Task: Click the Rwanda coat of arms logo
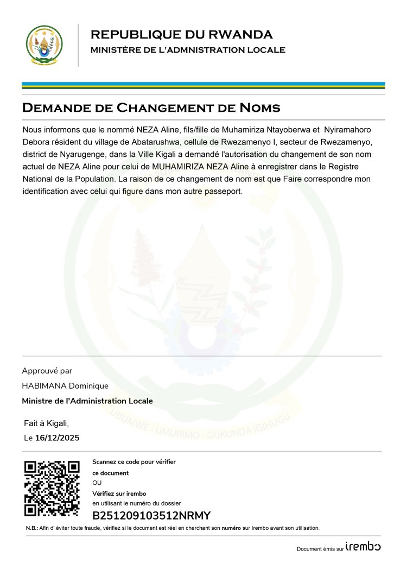(x=44, y=46)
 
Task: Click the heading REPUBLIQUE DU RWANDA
(x=181, y=35)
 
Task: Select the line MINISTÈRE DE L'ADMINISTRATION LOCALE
(x=188, y=50)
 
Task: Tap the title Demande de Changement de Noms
(x=151, y=107)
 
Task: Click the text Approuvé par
(x=47, y=371)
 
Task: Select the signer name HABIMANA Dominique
(x=65, y=386)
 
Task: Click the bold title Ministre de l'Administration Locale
(x=87, y=401)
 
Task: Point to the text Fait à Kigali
(x=47, y=423)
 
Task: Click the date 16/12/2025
(x=57, y=438)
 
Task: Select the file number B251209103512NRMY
(x=151, y=516)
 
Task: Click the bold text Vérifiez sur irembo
(x=119, y=493)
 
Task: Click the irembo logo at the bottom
(x=363, y=547)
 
